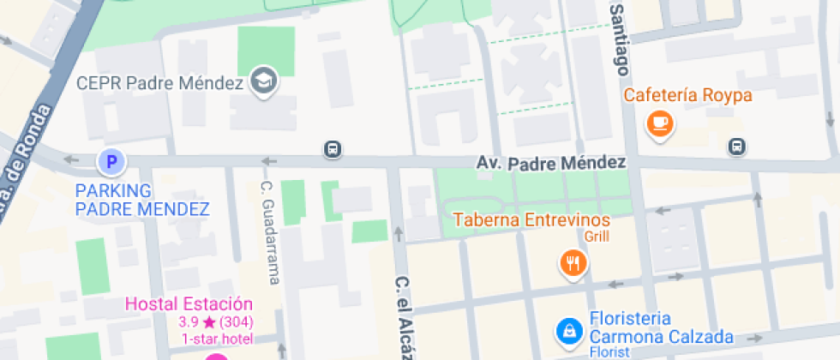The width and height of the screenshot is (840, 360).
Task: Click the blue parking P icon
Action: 110,160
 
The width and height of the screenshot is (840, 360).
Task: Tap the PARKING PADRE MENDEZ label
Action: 142,200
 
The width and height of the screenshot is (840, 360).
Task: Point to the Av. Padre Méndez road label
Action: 551,162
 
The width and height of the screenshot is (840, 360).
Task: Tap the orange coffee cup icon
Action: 660,123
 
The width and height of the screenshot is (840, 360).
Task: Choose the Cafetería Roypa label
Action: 687,94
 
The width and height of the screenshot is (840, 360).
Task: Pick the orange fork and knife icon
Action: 573,262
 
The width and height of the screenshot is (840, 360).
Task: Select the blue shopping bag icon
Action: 568,328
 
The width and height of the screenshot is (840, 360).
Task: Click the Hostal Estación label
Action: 189,303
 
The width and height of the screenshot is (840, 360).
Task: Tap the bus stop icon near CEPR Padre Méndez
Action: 333,149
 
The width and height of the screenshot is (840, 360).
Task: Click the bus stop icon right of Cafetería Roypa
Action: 736,147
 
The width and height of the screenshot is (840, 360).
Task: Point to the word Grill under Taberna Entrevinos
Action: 597,237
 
